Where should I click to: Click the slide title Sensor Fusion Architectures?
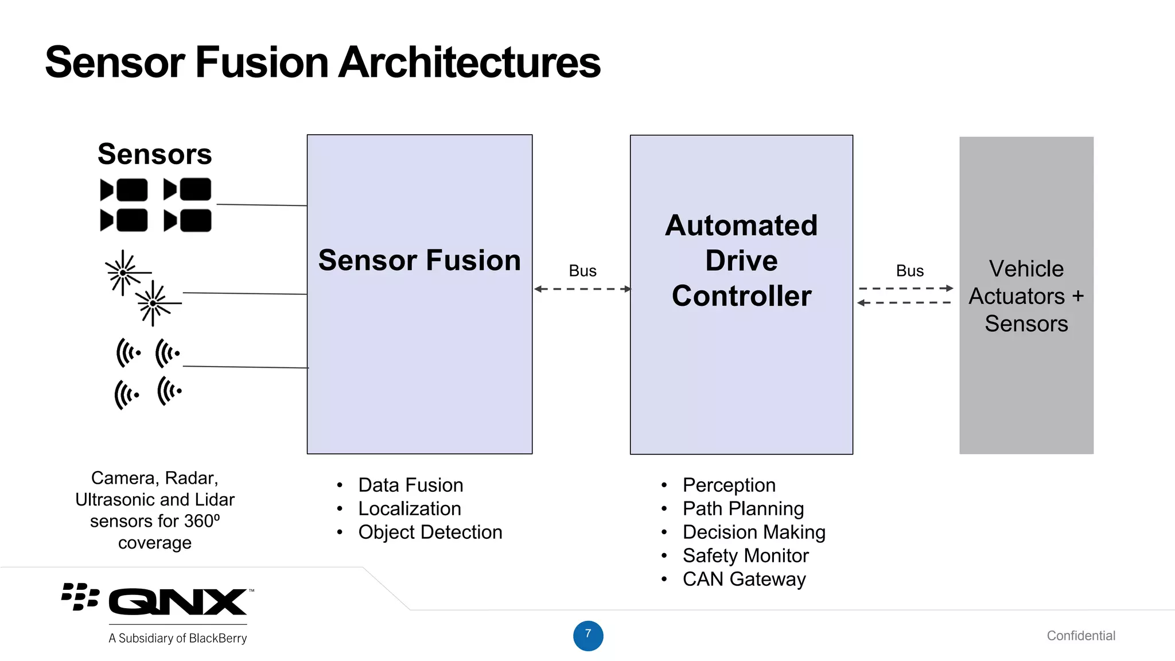(x=322, y=62)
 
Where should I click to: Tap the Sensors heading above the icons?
(x=155, y=154)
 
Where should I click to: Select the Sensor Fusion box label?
(x=419, y=260)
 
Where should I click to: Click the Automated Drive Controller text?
(x=741, y=260)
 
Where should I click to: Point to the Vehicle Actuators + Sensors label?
(x=1026, y=296)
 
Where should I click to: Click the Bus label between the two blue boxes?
(x=582, y=271)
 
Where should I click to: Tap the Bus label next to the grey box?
(x=909, y=271)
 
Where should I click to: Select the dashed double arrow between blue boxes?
(x=582, y=289)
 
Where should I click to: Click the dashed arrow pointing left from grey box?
(x=904, y=302)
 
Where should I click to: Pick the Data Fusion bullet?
(x=410, y=485)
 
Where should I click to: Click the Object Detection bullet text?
(x=430, y=532)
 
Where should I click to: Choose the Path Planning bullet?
(x=743, y=508)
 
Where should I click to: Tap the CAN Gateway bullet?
(x=744, y=579)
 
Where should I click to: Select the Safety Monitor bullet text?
(x=745, y=555)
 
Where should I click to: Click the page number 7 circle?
(x=588, y=635)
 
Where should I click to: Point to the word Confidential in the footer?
(x=1081, y=635)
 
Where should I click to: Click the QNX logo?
(x=177, y=601)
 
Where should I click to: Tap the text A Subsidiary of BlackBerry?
(x=177, y=638)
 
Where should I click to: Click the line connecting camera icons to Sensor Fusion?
(x=262, y=204)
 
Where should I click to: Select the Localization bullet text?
(x=409, y=508)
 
